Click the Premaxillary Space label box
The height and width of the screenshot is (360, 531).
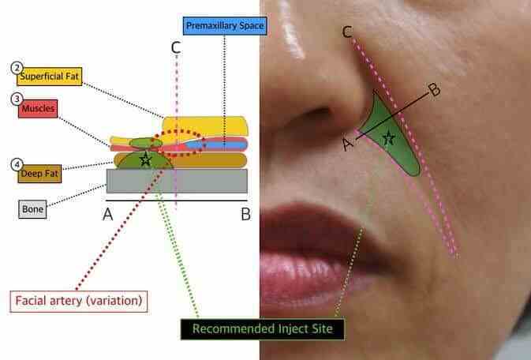click(x=224, y=25)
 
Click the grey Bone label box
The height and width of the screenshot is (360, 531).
click(x=34, y=210)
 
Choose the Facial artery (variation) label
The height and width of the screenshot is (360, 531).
click(x=77, y=301)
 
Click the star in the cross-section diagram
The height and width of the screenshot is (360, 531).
click(x=145, y=160)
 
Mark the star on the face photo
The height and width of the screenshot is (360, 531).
click(x=387, y=137)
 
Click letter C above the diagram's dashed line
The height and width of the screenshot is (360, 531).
click(x=176, y=47)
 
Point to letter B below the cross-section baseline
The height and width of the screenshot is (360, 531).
click(x=245, y=214)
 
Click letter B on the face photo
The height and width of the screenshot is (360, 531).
click(x=434, y=90)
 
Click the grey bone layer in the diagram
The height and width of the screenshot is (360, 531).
click(x=178, y=181)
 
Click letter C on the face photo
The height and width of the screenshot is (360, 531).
click(x=348, y=32)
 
